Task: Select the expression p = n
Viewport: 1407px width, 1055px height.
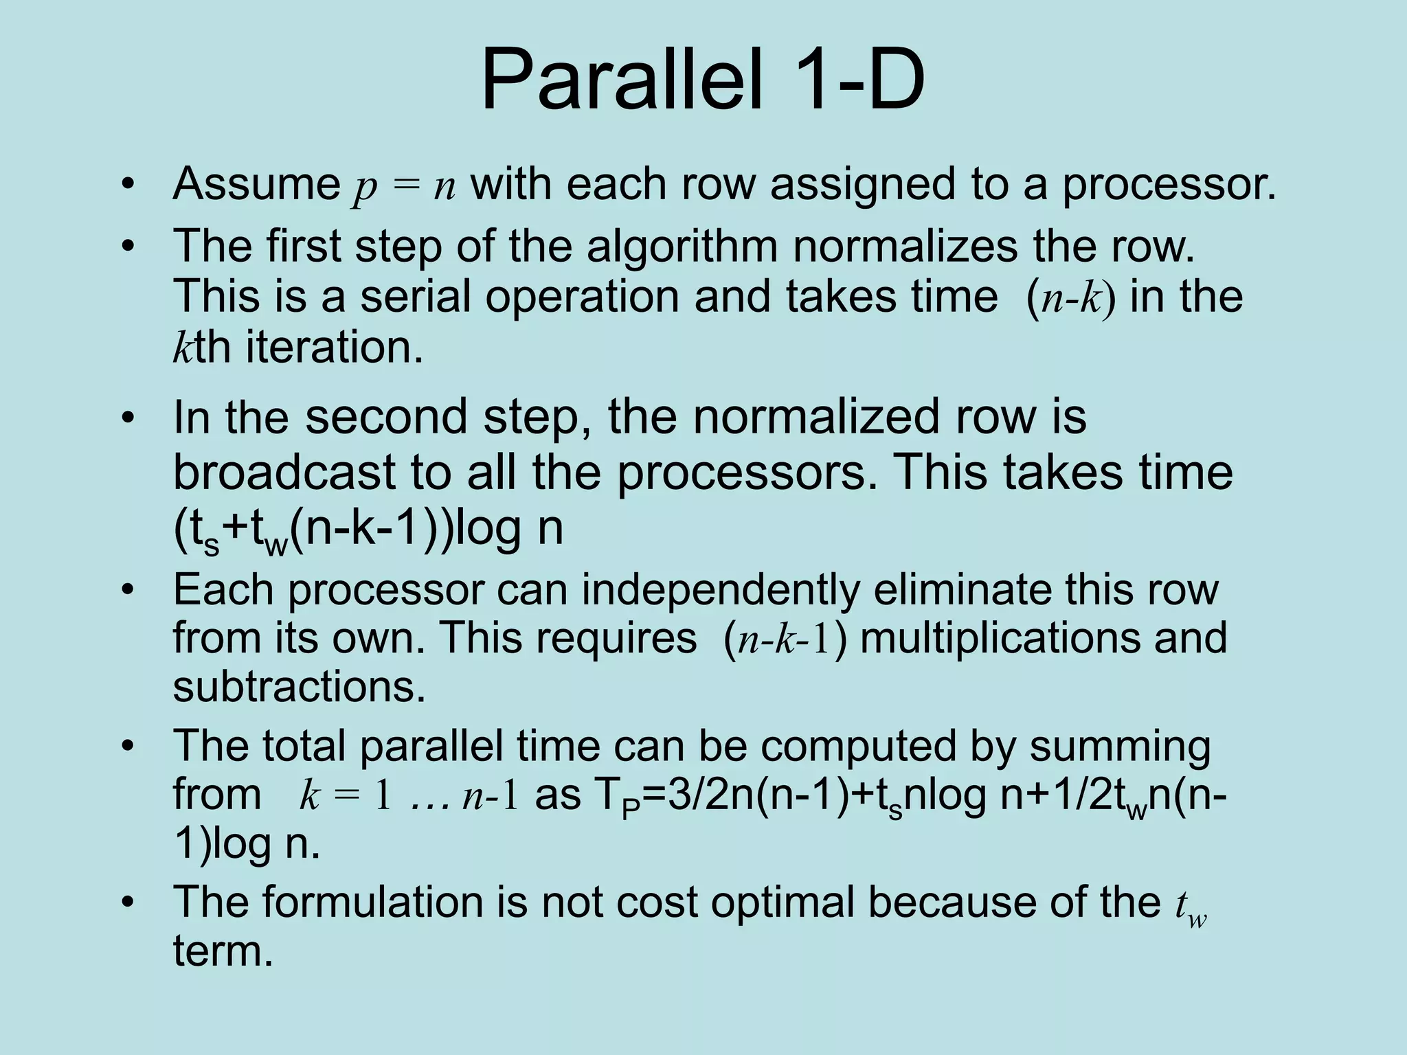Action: pos(404,185)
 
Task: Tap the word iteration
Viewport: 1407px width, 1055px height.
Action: pos(334,347)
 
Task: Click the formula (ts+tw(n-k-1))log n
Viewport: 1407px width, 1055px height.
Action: pos(368,529)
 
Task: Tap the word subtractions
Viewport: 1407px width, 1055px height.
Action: pos(299,686)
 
